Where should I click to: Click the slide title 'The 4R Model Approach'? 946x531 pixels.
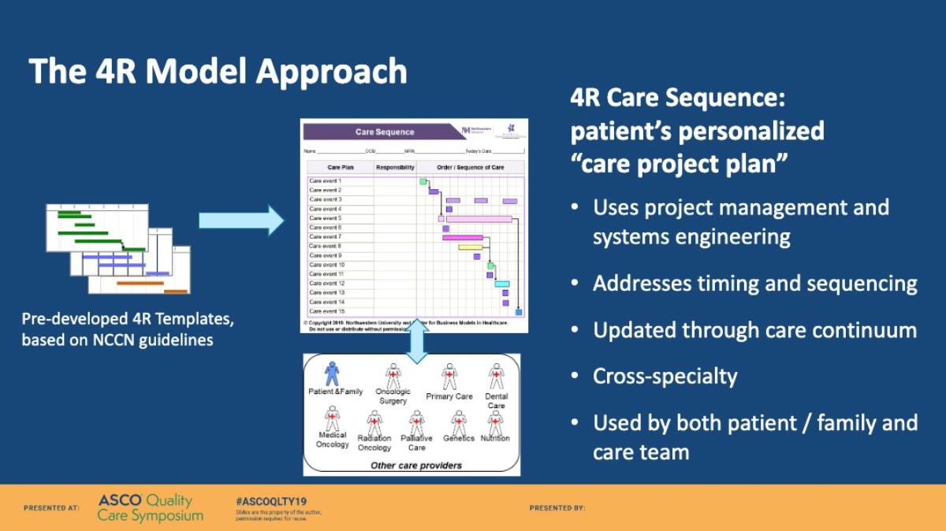[x=218, y=72]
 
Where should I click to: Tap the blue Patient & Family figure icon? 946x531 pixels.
[x=332, y=373]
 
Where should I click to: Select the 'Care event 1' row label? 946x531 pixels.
[x=326, y=181]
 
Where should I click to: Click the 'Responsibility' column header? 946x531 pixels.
[x=395, y=167]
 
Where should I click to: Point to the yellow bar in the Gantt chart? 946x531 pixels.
[x=470, y=247]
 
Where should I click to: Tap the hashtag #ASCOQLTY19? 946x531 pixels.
[x=271, y=501]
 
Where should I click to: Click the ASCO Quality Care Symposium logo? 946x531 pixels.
[x=150, y=508]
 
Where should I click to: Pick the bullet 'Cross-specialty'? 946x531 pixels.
[x=665, y=377]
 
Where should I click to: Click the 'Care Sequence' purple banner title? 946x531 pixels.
[x=385, y=132]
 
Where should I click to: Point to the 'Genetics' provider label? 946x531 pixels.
[x=458, y=438]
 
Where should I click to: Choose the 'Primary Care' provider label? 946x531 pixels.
[x=449, y=396]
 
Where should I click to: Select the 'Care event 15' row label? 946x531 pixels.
[x=327, y=311]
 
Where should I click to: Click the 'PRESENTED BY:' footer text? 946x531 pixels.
[x=557, y=508]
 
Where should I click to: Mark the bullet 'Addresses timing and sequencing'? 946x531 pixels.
[x=754, y=284]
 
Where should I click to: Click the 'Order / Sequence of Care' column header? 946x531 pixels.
[x=471, y=167]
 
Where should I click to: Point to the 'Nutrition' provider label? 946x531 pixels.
[x=495, y=438]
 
